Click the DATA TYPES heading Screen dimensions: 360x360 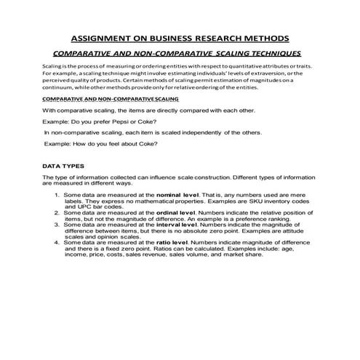click(x=63, y=167)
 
